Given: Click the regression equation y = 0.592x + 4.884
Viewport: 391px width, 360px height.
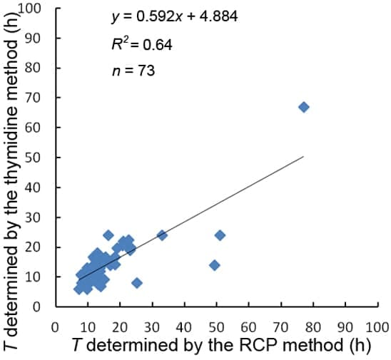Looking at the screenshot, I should click(x=164, y=16).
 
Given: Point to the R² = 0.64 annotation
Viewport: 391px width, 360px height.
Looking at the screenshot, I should click(x=142, y=44).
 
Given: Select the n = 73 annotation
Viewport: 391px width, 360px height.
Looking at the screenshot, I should click(x=133, y=71).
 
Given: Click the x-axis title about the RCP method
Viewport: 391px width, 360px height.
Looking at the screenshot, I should click(x=223, y=346).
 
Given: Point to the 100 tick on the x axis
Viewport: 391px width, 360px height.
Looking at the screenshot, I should click(x=377, y=328).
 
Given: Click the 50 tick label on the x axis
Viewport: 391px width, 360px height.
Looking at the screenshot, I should click(x=216, y=328).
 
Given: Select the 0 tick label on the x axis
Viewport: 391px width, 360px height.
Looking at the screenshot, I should click(x=55, y=328).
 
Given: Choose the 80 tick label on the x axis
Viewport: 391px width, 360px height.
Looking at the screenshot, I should click(x=313, y=328).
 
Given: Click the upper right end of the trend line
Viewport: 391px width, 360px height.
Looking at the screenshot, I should click(x=303, y=157).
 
